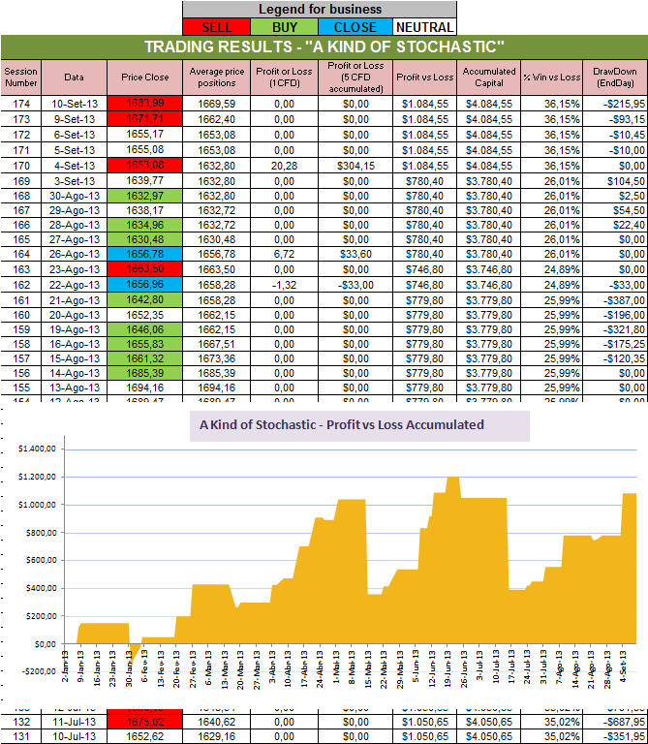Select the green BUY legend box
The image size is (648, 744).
[285, 26]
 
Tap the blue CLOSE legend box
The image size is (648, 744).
[355, 26]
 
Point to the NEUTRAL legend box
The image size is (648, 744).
[423, 26]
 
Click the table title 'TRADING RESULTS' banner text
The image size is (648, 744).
[324, 46]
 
